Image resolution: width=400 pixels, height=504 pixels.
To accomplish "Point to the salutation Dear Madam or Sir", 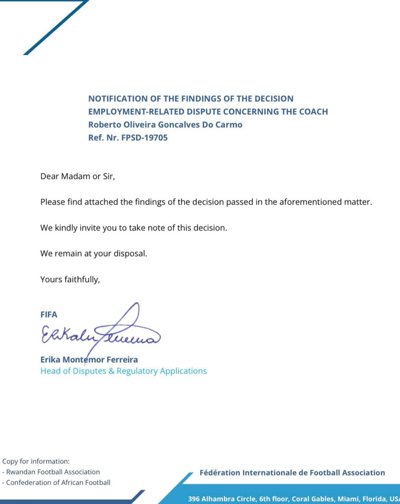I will point(77,176).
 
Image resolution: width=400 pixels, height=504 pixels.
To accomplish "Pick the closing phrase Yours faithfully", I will point(70,280).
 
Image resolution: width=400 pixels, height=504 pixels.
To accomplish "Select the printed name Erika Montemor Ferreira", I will point(89,360).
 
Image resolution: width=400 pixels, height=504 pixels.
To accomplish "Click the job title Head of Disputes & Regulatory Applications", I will point(123,371).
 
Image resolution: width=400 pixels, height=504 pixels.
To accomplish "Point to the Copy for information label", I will point(36,462).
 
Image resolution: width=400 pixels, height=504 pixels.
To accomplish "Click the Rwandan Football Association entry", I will point(51,472).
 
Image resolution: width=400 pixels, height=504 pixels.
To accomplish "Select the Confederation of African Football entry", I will point(56,482).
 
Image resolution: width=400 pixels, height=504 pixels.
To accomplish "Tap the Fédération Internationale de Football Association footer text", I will point(292,473).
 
